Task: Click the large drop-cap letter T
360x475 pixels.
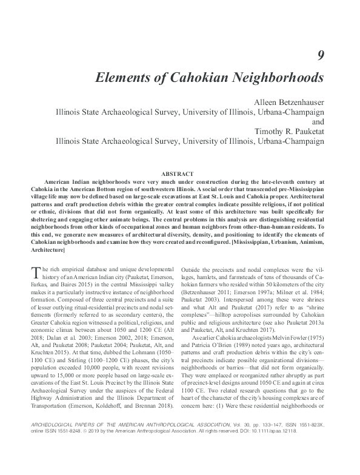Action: [36, 272]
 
